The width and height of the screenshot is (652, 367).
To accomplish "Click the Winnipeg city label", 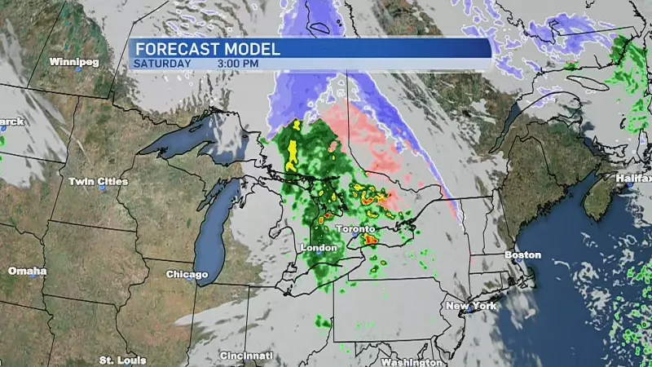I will coord(73,62).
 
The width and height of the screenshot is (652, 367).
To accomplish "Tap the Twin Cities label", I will coord(92,181).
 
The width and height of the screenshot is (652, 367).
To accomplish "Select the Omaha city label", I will coord(27,271).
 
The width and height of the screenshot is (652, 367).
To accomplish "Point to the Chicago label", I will coord(187,274).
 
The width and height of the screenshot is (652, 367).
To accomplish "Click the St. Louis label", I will coord(123,360).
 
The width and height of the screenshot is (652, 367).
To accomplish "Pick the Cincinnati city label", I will coord(246,356).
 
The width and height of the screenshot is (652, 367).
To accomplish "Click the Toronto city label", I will coord(358,229).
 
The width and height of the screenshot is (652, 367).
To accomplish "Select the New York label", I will coord(471,306).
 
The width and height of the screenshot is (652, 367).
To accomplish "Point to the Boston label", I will coord(522,255).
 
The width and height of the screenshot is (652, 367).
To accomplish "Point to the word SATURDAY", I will coord(163,63).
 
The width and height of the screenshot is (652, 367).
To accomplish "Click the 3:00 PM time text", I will coord(239,63).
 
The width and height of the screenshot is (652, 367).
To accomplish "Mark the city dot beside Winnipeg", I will coord(78,70).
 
